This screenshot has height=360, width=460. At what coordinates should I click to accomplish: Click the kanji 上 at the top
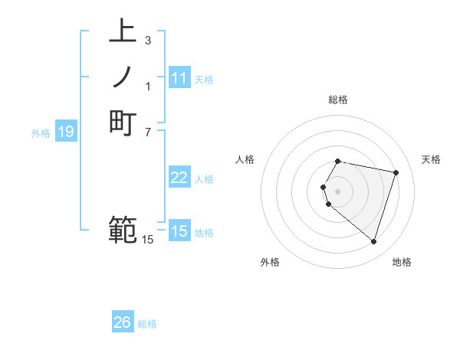(x=123, y=33)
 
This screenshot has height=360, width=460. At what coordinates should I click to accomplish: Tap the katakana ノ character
(x=123, y=78)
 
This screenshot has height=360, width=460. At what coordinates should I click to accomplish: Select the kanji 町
(x=123, y=123)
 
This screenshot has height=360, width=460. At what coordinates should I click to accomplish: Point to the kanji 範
(x=123, y=229)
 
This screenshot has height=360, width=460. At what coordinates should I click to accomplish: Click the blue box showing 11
(x=179, y=78)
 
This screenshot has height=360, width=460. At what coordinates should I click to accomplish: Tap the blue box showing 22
(x=179, y=178)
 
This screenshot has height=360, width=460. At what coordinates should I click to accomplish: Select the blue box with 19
(x=66, y=133)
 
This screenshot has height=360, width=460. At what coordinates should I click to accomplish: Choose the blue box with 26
(x=123, y=322)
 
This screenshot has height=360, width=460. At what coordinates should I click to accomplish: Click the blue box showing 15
(x=179, y=231)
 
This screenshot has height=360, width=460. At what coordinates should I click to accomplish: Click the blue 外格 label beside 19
(x=41, y=133)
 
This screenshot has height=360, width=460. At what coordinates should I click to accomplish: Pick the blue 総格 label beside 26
(x=147, y=324)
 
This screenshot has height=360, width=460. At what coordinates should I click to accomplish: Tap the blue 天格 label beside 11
(x=204, y=80)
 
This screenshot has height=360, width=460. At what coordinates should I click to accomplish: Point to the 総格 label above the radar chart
(x=338, y=100)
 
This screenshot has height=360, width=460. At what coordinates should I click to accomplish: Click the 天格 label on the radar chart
(x=431, y=159)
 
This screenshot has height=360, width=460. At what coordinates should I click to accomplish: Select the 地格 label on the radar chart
(x=402, y=262)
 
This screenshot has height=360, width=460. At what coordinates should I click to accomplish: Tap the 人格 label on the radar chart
(x=245, y=159)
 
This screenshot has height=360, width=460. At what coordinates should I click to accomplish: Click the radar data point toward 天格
(x=396, y=172)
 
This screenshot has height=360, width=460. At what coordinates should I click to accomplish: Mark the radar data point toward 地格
(x=373, y=242)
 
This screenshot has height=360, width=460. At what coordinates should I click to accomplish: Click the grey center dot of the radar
(x=338, y=191)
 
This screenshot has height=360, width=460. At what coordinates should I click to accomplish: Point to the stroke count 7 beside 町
(x=147, y=132)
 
